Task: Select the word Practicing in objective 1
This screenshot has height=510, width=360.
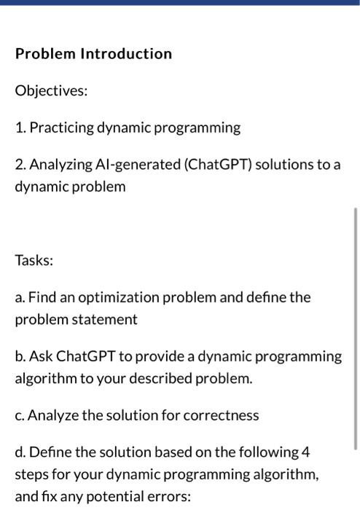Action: [60, 128]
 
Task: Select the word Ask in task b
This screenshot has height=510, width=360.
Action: [41, 357]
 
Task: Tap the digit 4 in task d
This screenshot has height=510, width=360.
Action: [305, 452]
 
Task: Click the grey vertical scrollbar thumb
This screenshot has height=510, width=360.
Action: [355, 328]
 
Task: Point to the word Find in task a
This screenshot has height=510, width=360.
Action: [42, 298]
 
